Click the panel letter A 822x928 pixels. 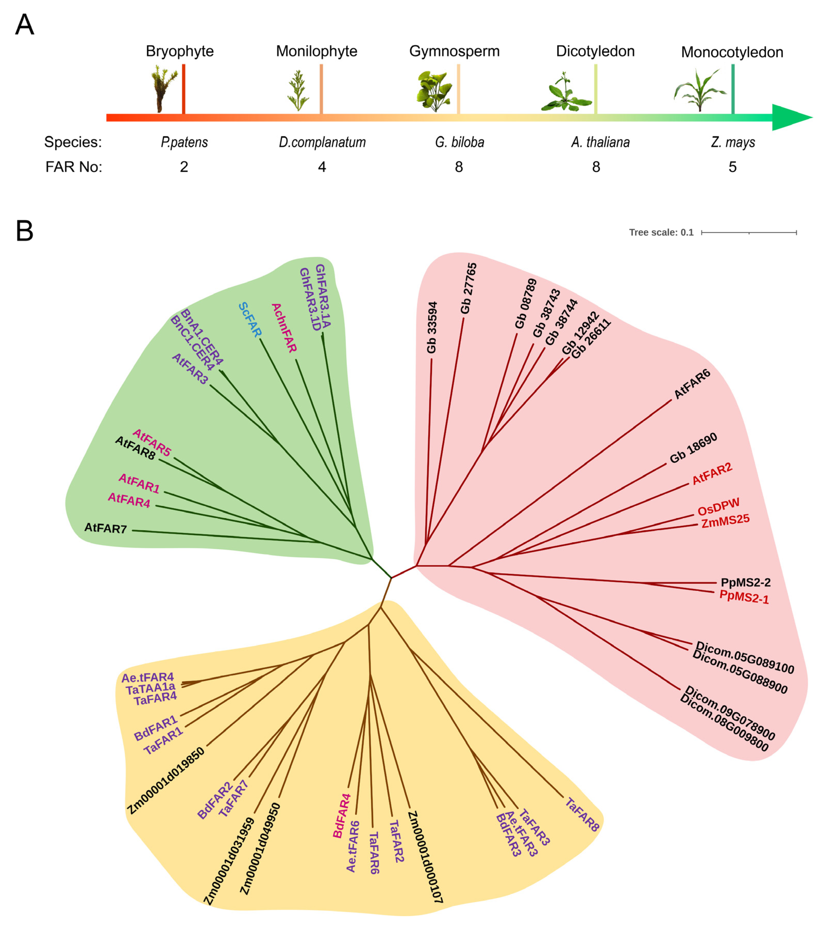click(x=24, y=25)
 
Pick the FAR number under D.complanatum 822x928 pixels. click(x=322, y=167)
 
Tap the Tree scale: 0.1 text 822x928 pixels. click(x=661, y=233)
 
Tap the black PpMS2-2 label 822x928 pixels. click(x=745, y=583)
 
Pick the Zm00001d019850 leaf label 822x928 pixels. click(x=166, y=781)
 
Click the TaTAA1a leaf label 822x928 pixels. click(x=150, y=690)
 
